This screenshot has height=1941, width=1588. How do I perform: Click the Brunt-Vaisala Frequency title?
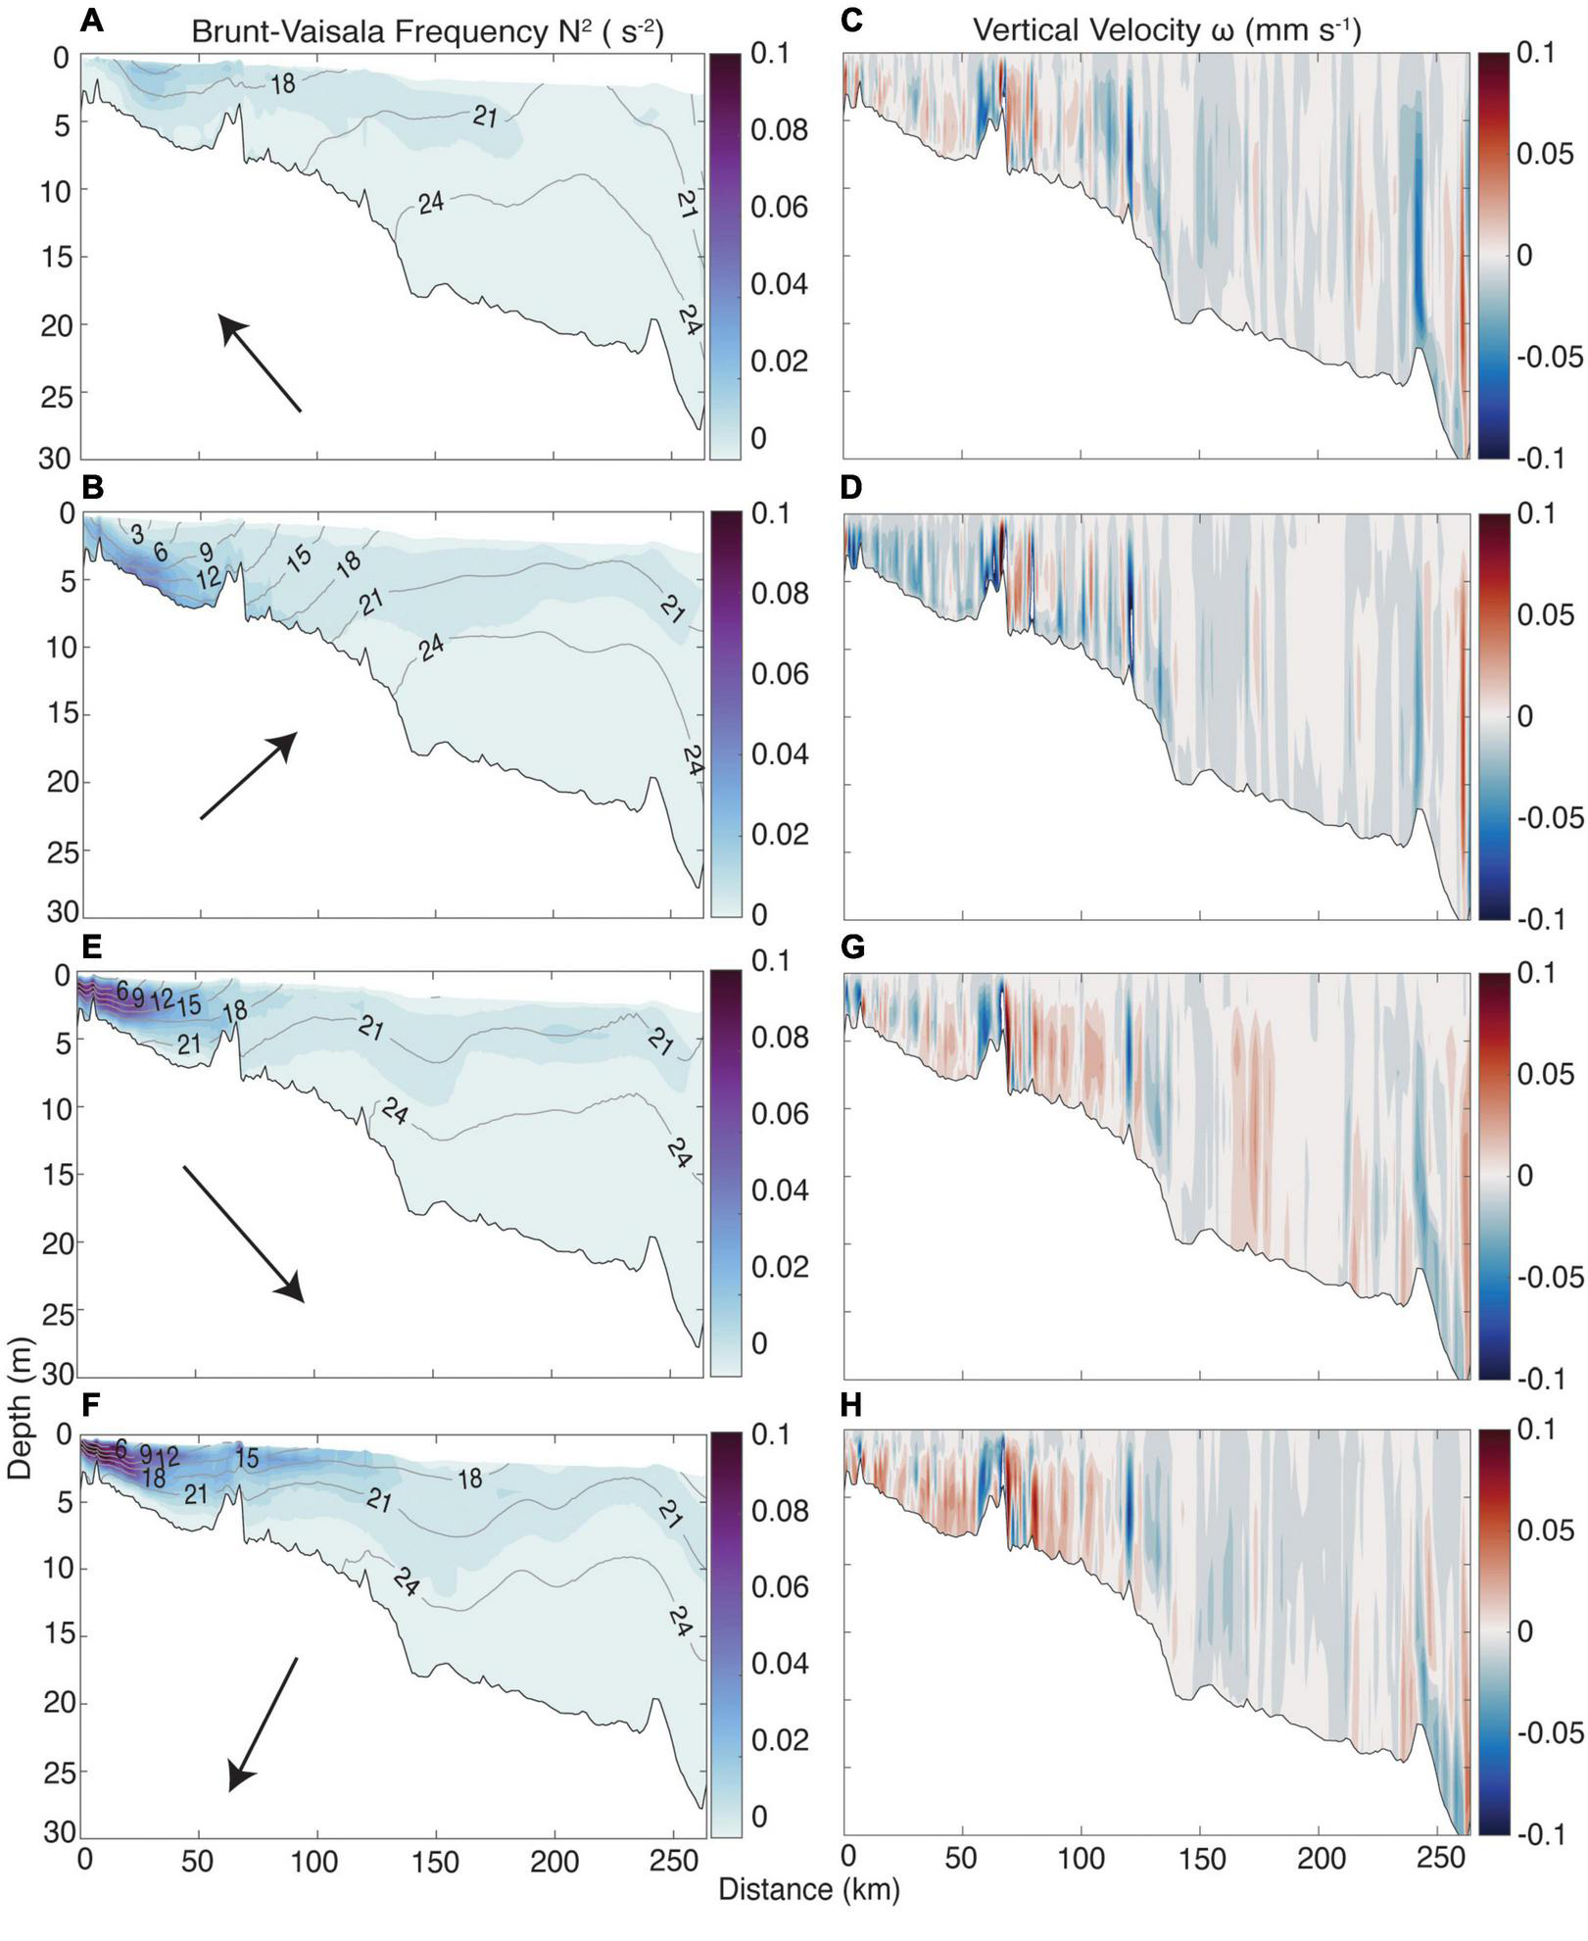427,31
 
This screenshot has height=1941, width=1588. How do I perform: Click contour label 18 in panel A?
283,84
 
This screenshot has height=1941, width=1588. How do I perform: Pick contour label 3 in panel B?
137,533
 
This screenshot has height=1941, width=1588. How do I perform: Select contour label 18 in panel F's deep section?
470,1479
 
